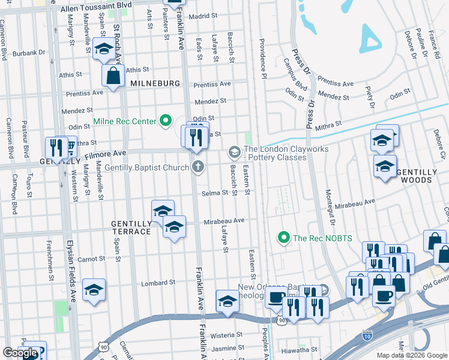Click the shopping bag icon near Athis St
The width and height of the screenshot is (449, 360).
pos(113,76)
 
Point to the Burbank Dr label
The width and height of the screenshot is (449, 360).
pos(28,53)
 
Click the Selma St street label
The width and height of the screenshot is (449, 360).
pos(214,193)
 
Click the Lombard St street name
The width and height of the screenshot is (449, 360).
pos(158,283)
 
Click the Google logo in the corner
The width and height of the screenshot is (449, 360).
pos(20,353)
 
